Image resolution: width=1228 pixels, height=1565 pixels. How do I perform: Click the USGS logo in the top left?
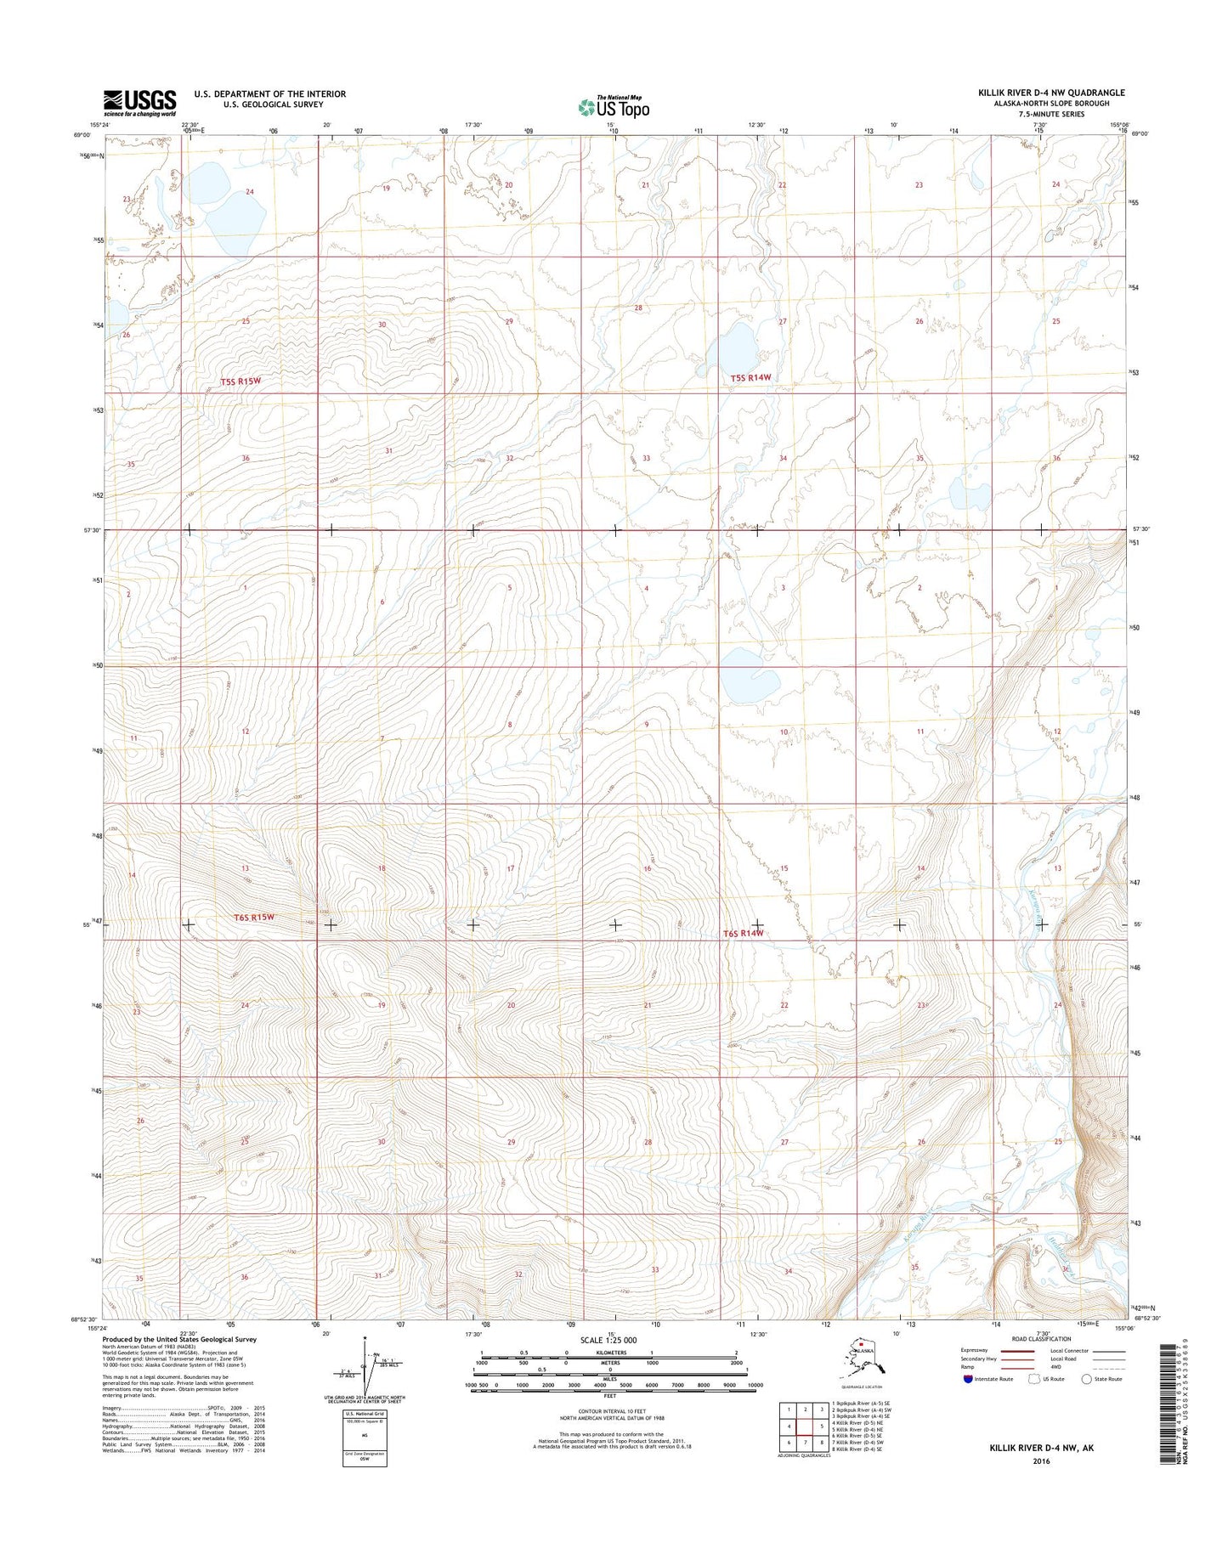point(139,103)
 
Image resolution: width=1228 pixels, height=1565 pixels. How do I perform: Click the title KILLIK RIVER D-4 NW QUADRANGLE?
point(1051,93)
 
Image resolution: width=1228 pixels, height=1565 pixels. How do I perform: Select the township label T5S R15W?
point(240,381)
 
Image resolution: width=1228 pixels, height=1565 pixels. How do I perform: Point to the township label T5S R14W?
point(751,377)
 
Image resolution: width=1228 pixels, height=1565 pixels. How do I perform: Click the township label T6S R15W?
point(254,917)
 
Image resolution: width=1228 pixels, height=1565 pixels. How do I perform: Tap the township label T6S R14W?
point(743,933)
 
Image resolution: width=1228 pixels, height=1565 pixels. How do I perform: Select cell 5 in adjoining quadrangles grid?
point(822,1426)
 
